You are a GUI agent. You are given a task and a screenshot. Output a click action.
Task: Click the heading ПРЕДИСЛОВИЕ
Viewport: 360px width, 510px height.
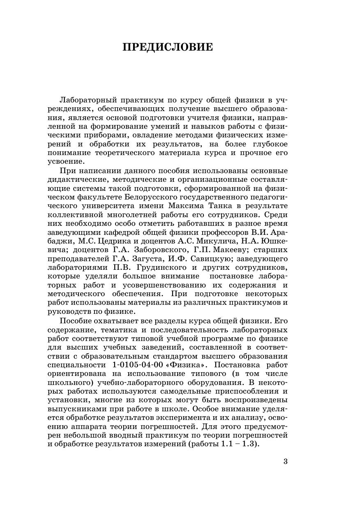point(168,47)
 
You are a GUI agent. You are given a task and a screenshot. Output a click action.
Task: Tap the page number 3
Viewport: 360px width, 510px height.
point(286,461)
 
